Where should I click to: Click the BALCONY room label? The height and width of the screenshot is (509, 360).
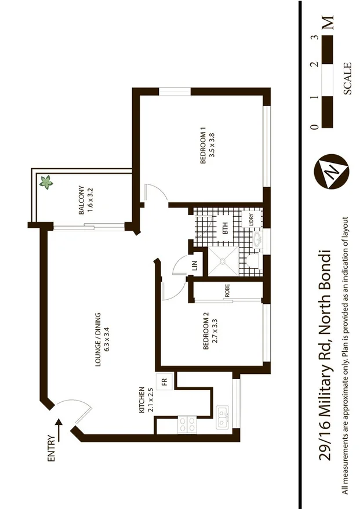82,200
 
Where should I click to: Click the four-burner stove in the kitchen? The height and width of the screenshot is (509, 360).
187,424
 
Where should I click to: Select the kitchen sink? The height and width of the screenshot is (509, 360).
222,418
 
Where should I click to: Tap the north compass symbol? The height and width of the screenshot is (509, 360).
330,172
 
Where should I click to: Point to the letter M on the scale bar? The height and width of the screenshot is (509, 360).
329,24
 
